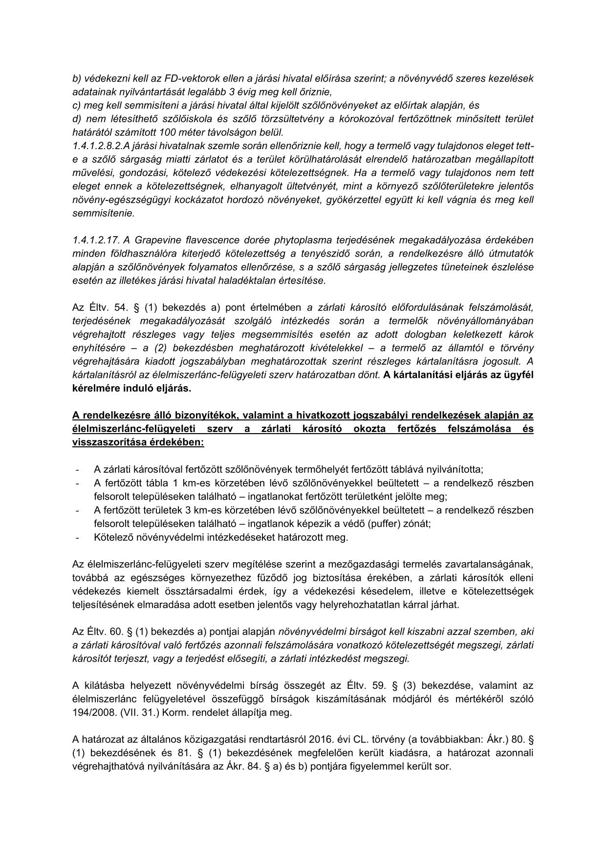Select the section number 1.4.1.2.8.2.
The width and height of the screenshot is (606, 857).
coord(98,146)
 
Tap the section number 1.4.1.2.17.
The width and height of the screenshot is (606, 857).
coord(96,240)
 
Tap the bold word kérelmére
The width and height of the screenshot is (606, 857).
coord(93,389)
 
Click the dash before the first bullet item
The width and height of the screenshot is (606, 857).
coord(78,470)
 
